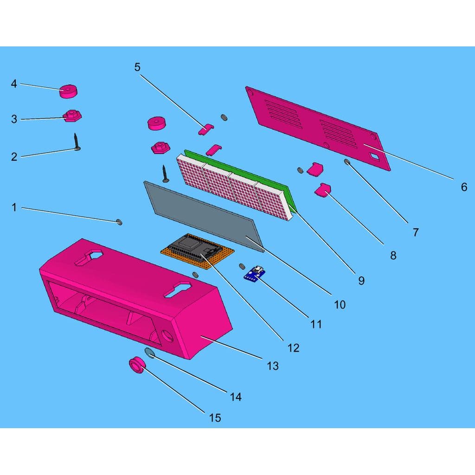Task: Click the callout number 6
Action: (x=464, y=187)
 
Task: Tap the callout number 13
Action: (x=273, y=366)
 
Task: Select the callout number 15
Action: (x=215, y=418)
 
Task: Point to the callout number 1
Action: (x=14, y=207)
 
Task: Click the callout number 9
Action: (x=361, y=281)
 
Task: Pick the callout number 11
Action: (x=316, y=324)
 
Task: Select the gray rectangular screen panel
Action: (x=204, y=217)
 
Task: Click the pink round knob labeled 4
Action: (x=69, y=91)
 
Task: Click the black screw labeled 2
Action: (x=77, y=142)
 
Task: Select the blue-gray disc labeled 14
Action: (x=150, y=353)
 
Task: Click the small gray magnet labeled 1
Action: (x=120, y=222)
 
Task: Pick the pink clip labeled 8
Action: (x=323, y=189)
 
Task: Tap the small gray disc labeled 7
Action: (x=347, y=162)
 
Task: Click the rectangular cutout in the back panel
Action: (x=375, y=156)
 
